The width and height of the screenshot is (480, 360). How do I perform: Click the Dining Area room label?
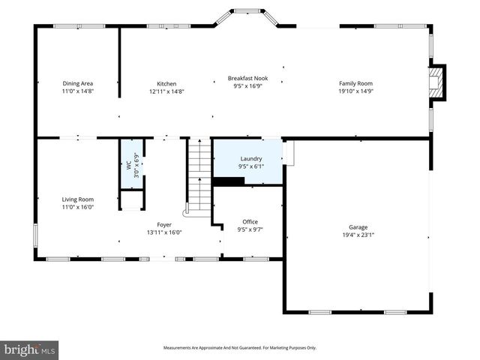[x=77, y=83]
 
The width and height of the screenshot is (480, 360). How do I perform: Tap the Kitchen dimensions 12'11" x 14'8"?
[x=166, y=91]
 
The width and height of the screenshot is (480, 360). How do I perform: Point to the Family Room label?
[x=355, y=83]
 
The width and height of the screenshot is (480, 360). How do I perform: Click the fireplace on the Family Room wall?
[x=436, y=82]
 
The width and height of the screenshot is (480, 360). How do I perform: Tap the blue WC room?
[x=131, y=163]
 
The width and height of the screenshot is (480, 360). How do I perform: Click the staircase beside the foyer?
[x=199, y=177]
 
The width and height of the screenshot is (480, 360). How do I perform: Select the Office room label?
[x=250, y=221]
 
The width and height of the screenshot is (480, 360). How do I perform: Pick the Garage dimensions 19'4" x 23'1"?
[x=358, y=235]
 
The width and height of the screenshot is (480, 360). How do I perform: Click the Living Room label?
[x=77, y=199]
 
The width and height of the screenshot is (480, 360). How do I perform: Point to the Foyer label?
[x=163, y=224]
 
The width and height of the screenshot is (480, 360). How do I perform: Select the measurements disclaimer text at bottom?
[x=240, y=347]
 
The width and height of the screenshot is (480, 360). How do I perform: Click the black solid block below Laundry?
[x=224, y=181]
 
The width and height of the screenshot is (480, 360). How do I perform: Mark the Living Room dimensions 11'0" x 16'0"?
[x=77, y=207]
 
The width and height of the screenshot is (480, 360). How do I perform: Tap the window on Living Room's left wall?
[x=35, y=234]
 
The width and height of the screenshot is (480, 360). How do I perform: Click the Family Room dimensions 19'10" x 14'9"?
[x=355, y=91]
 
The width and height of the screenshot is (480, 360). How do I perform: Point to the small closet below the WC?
[x=131, y=200]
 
